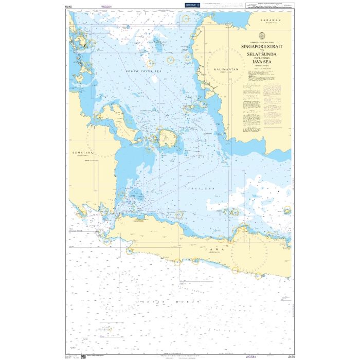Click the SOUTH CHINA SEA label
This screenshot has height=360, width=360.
[x=143, y=73]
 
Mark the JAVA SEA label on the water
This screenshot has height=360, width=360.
[x=201, y=189]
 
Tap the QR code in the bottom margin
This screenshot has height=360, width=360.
[x=84, y=355]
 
